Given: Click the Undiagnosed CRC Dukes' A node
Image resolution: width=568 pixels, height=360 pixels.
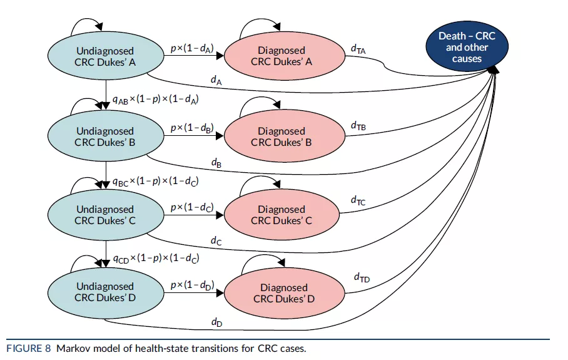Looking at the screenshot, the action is coord(106,56).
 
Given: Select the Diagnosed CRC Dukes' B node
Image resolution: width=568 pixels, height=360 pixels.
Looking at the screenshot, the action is coord(285,136).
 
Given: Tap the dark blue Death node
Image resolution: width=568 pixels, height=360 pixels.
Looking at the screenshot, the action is coord(467,47).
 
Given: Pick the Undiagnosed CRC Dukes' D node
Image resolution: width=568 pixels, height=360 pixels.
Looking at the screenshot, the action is coord(106,292).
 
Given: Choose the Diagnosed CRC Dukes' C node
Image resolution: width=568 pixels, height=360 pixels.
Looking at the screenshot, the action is coord(282,215).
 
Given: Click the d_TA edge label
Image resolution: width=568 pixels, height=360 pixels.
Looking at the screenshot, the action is coord(358,49).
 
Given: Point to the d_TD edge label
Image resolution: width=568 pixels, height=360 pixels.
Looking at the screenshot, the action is coord(362,278).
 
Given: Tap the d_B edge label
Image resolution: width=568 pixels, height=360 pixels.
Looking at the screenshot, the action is coord(216,163).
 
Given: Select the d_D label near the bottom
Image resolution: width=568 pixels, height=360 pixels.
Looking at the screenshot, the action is coord(216,322).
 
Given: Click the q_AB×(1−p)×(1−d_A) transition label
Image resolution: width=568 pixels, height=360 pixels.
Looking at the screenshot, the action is coord(155,100).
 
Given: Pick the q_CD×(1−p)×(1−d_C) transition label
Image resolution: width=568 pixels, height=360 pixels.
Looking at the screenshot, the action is coord(156,258).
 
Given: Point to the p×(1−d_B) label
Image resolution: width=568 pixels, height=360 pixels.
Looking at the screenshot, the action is coord(192,128).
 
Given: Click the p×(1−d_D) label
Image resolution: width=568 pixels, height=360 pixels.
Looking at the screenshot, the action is coord(193,285).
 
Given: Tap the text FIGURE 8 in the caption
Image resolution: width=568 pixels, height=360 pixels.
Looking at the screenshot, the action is coord(29,349).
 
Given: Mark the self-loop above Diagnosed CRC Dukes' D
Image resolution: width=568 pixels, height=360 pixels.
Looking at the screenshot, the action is coord(263,259).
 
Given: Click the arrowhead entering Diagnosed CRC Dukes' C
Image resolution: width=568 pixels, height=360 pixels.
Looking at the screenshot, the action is coord(220,215).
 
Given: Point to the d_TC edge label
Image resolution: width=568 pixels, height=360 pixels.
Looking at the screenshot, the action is coord(358,201).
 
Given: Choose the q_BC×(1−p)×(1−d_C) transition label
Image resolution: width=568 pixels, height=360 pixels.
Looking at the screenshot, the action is coord(155,182).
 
